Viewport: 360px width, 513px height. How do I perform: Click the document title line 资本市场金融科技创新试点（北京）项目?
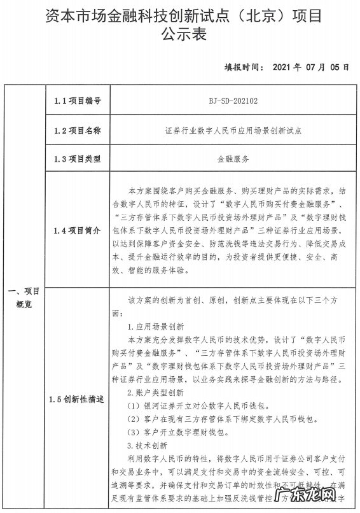179,15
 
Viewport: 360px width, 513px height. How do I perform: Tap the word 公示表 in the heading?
180,34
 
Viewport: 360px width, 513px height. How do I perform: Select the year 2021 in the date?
283,66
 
